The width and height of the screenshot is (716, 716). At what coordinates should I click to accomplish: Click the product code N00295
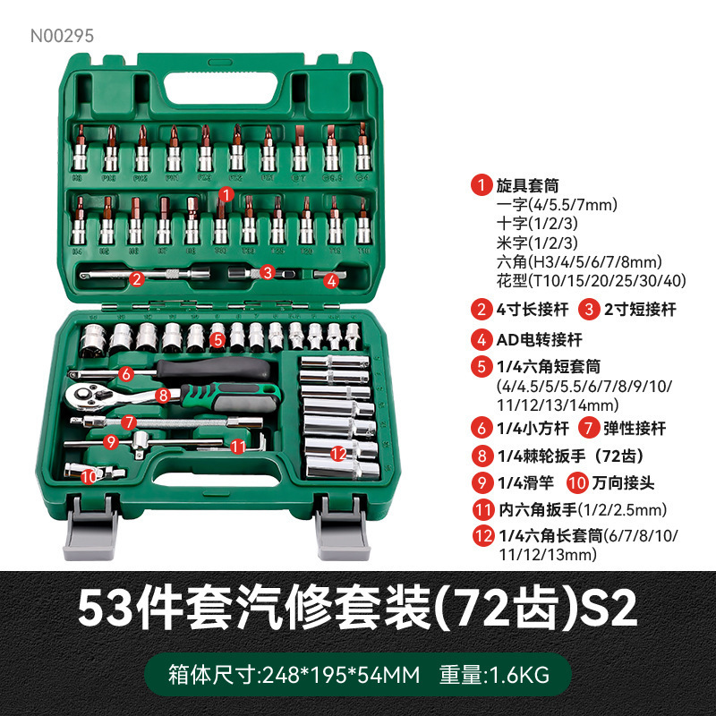click(x=62, y=37)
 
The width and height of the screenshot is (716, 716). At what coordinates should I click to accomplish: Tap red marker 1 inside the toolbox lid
click(x=226, y=192)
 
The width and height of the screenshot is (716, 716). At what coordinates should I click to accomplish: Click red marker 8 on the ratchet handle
click(x=162, y=394)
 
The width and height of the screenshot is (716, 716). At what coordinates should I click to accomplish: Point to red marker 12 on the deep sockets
click(x=338, y=454)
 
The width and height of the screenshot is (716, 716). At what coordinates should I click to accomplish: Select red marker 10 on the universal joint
click(x=88, y=477)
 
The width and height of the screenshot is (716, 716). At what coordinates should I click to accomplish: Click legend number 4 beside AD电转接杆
click(x=482, y=339)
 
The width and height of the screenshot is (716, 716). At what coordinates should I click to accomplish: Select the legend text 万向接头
click(x=624, y=483)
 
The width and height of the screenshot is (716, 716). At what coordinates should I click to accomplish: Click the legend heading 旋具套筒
click(x=527, y=186)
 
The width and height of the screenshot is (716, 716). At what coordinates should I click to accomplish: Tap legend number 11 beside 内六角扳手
click(x=482, y=510)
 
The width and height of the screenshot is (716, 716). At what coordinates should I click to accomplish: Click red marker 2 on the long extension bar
click(x=137, y=278)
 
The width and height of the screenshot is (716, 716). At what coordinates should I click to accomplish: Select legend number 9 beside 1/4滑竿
click(x=482, y=483)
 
